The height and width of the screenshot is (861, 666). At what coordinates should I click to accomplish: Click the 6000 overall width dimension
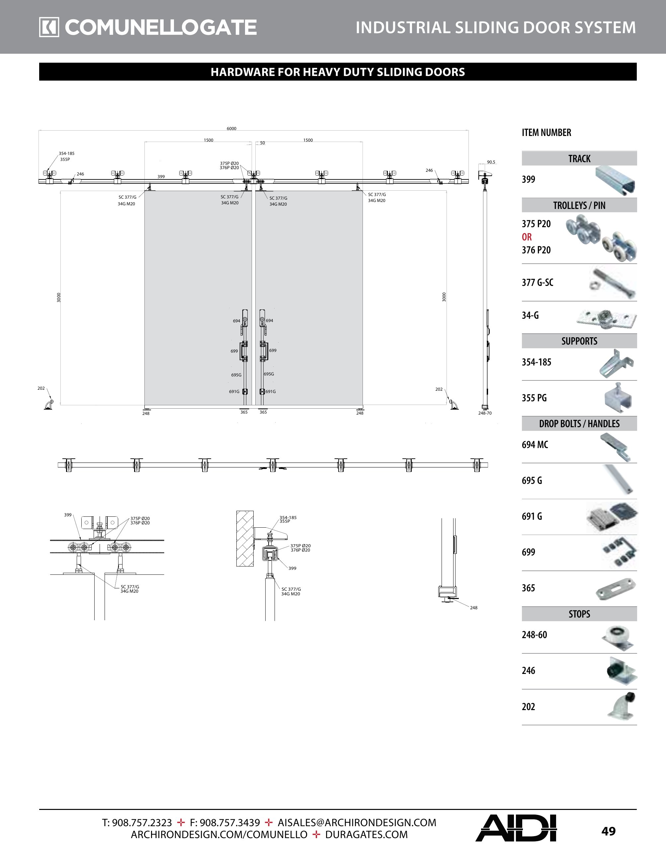[232, 128]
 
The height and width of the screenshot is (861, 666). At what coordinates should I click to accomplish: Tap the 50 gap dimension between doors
[262, 143]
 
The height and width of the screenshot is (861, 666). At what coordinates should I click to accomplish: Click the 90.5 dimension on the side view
[491, 162]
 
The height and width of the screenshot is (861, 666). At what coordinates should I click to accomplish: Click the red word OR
[527, 237]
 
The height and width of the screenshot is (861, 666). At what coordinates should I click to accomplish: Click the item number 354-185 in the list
[536, 362]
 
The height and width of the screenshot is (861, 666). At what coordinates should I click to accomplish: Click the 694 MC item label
[535, 445]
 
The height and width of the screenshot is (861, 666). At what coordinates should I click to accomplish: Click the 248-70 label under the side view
[485, 413]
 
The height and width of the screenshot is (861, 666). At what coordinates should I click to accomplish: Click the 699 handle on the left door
[245, 351]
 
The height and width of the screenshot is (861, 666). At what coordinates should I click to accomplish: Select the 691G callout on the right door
[271, 391]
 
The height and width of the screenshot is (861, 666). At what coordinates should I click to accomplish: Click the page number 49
[608, 831]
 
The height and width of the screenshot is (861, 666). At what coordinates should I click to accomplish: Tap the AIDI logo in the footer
[516, 828]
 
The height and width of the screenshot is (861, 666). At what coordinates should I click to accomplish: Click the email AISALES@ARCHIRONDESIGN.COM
[357, 823]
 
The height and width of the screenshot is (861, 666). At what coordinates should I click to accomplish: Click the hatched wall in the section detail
[245, 539]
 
